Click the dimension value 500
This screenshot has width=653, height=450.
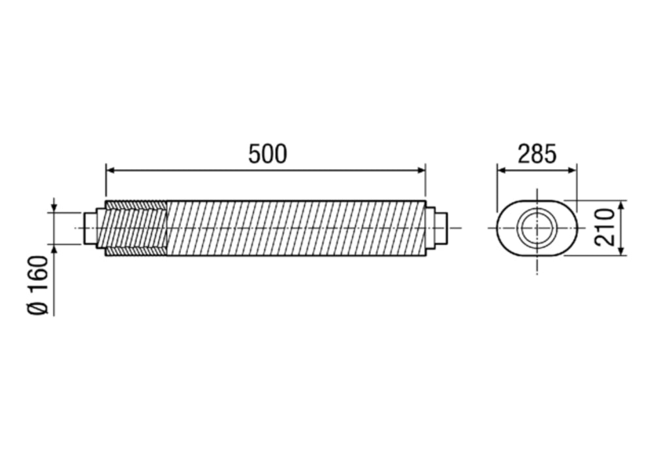(267, 153)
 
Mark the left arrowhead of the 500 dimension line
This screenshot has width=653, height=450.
(110, 170)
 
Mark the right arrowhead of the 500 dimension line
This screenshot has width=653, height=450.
(421, 170)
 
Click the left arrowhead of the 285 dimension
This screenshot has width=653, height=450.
(501, 170)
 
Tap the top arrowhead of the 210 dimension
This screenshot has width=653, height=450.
(621, 204)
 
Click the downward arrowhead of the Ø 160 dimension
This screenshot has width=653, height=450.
(54, 207)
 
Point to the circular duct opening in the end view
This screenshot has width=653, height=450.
(537, 228)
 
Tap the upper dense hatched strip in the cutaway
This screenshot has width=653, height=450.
(136, 205)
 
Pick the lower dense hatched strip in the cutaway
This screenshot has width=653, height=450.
(136, 251)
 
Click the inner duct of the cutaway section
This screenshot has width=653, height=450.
(134, 228)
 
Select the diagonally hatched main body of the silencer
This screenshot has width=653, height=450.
(294, 228)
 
